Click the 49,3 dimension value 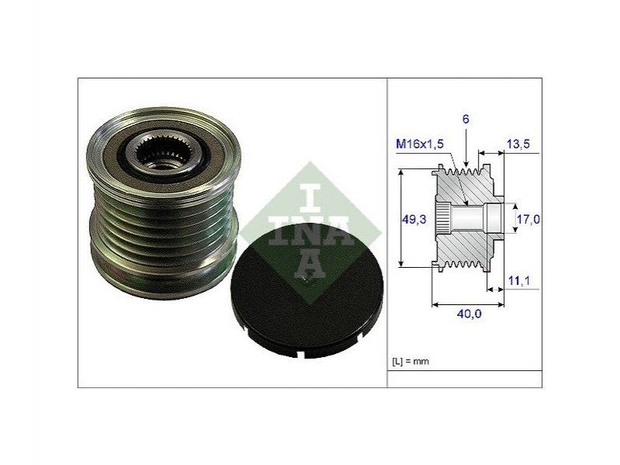pyautogui.click(x=414, y=219)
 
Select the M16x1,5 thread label pyautogui.click(x=420, y=144)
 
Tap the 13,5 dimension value pyautogui.click(x=518, y=144)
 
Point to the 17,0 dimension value pyautogui.click(x=528, y=219)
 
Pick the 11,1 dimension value pyautogui.click(x=519, y=281)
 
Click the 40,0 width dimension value pyautogui.click(x=469, y=314)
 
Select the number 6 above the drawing pyautogui.click(x=466, y=119)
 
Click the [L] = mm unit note pyautogui.click(x=410, y=362)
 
